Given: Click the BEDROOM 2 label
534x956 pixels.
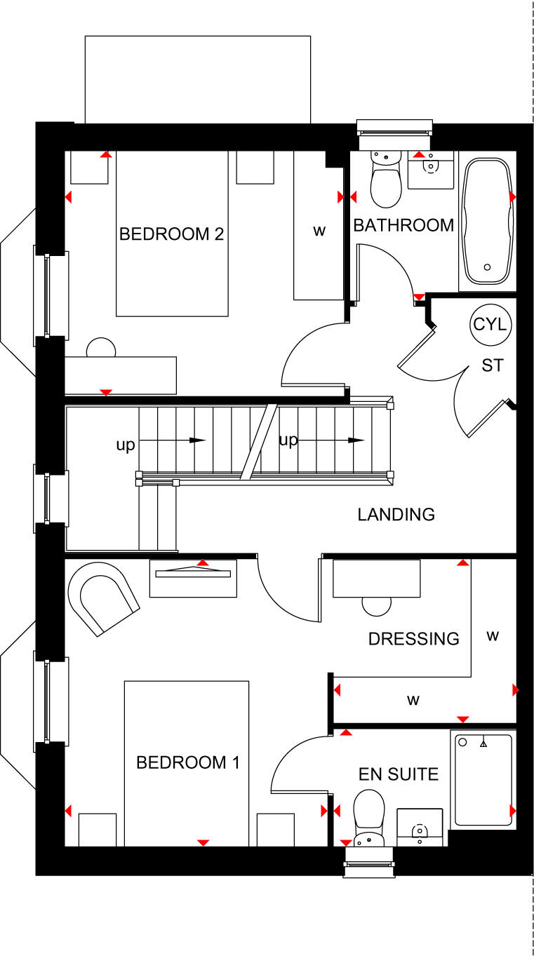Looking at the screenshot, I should point(171,234).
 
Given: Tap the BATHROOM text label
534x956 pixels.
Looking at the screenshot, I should point(403,225).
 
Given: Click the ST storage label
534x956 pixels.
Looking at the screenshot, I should point(492,365).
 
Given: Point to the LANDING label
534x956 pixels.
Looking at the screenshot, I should point(396,514).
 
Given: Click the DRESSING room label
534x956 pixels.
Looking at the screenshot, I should point(414,638).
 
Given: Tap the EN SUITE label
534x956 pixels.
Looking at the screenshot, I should point(399,774).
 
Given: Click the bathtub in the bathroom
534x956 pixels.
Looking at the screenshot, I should point(487,221).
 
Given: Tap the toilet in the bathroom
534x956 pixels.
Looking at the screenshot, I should point(385,180).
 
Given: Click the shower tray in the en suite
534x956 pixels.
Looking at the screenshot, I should point(483,779).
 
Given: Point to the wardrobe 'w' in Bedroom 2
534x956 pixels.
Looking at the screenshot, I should point(319,231).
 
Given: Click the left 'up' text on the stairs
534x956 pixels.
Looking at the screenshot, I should point(126,445).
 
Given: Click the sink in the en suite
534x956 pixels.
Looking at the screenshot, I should point(420,828).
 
